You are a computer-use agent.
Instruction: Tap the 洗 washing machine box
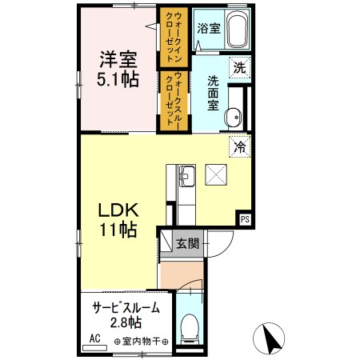click(x=239, y=69)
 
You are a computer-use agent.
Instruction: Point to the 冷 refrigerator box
click(x=239, y=146)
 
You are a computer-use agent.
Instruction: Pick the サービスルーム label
click(x=126, y=308)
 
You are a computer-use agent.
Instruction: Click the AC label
click(x=94, y=339)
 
